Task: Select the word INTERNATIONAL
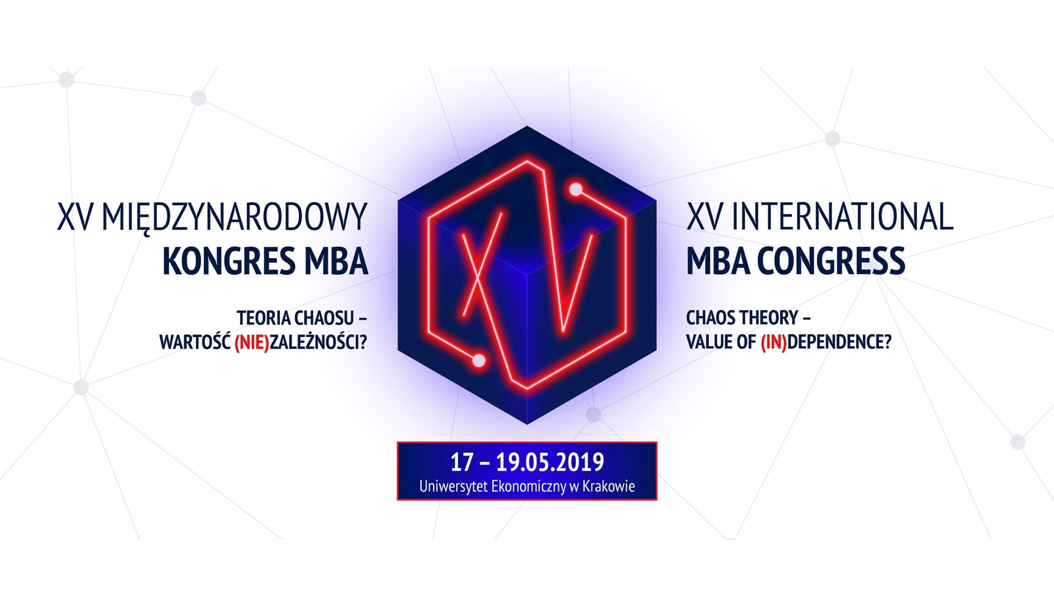842,217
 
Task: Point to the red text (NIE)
252,342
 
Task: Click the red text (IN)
774,342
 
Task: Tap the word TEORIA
264,318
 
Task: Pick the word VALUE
707,342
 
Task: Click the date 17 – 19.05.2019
527,462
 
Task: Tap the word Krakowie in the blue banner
609,486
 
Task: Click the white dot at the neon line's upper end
576,189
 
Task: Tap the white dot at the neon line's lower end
478,361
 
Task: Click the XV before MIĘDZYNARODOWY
75,217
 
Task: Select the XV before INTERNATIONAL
704,217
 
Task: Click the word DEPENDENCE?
839,342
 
